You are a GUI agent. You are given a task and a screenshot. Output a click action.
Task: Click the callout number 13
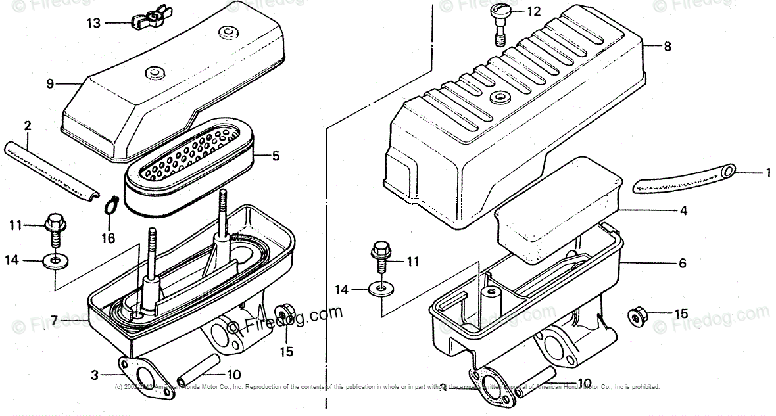point(94,24)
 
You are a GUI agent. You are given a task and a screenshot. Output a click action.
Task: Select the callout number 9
point(50,83)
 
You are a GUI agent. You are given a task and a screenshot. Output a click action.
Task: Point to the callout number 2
point(28,126)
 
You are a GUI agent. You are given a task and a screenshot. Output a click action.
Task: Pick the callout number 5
point(276,156)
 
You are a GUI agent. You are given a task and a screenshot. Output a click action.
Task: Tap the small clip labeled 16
point(110,208)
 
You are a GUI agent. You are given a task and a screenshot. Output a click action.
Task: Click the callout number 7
point(55,320)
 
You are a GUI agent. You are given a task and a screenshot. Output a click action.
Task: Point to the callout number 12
point(533,11)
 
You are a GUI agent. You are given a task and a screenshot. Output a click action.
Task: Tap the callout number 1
point(767,173)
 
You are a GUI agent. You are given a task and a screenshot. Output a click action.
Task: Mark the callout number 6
point(682,264)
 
